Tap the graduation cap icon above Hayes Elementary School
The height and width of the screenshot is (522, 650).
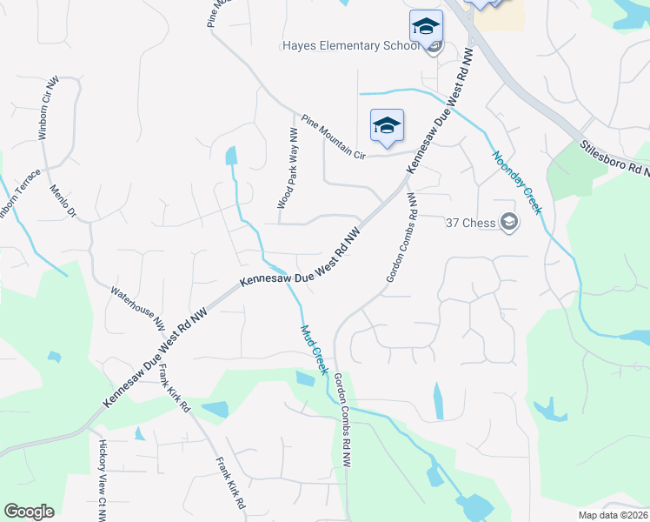click(426, 26)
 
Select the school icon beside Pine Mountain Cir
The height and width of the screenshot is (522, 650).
click(386, 125)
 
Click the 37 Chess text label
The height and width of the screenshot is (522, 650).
click(470, 223)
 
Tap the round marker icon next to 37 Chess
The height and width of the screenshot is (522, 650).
click(509, 223)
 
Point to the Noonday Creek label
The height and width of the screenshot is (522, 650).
click(517, 183)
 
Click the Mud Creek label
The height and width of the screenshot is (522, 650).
click(313, 350)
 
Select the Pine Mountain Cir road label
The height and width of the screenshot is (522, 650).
click(335, 137)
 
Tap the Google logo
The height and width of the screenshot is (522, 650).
click(29, 512)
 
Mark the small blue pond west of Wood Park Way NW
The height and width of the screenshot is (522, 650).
click(230, 156)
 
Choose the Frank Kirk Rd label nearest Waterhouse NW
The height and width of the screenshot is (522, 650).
click(174, 389)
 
